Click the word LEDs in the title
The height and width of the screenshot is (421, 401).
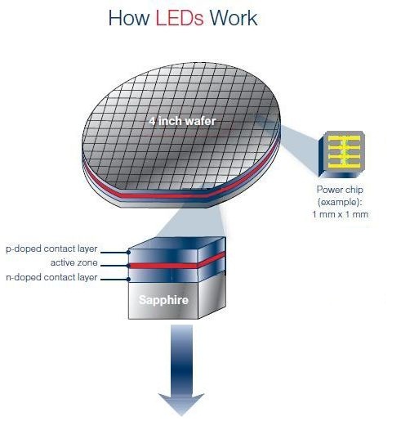(180, 18)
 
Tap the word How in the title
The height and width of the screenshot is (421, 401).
(129, 18)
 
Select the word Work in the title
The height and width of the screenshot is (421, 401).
(234, 18)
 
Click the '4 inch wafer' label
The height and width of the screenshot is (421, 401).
(182, 121)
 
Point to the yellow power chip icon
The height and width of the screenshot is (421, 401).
(342, 154)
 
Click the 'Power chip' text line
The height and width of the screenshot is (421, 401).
(340, 190)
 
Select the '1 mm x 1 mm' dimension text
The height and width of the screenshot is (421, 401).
(341, 214)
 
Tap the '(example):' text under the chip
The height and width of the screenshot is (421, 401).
(340, 202)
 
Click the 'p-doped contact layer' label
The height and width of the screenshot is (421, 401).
(51, 249)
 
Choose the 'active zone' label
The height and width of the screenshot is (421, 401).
(74, 262)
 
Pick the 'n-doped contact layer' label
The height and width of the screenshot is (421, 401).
(51, 277)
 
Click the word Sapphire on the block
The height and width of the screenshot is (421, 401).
(163, 300)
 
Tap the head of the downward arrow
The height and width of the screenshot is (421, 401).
(181, 404)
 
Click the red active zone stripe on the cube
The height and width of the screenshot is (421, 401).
(177, 264)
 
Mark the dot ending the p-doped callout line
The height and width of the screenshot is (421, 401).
(128, 253)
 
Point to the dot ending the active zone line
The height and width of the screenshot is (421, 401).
(128, 266)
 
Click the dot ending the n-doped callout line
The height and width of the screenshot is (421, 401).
(128, 279)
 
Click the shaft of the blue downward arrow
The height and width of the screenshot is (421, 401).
(181, 359)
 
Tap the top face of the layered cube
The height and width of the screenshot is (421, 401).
(177, 243)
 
